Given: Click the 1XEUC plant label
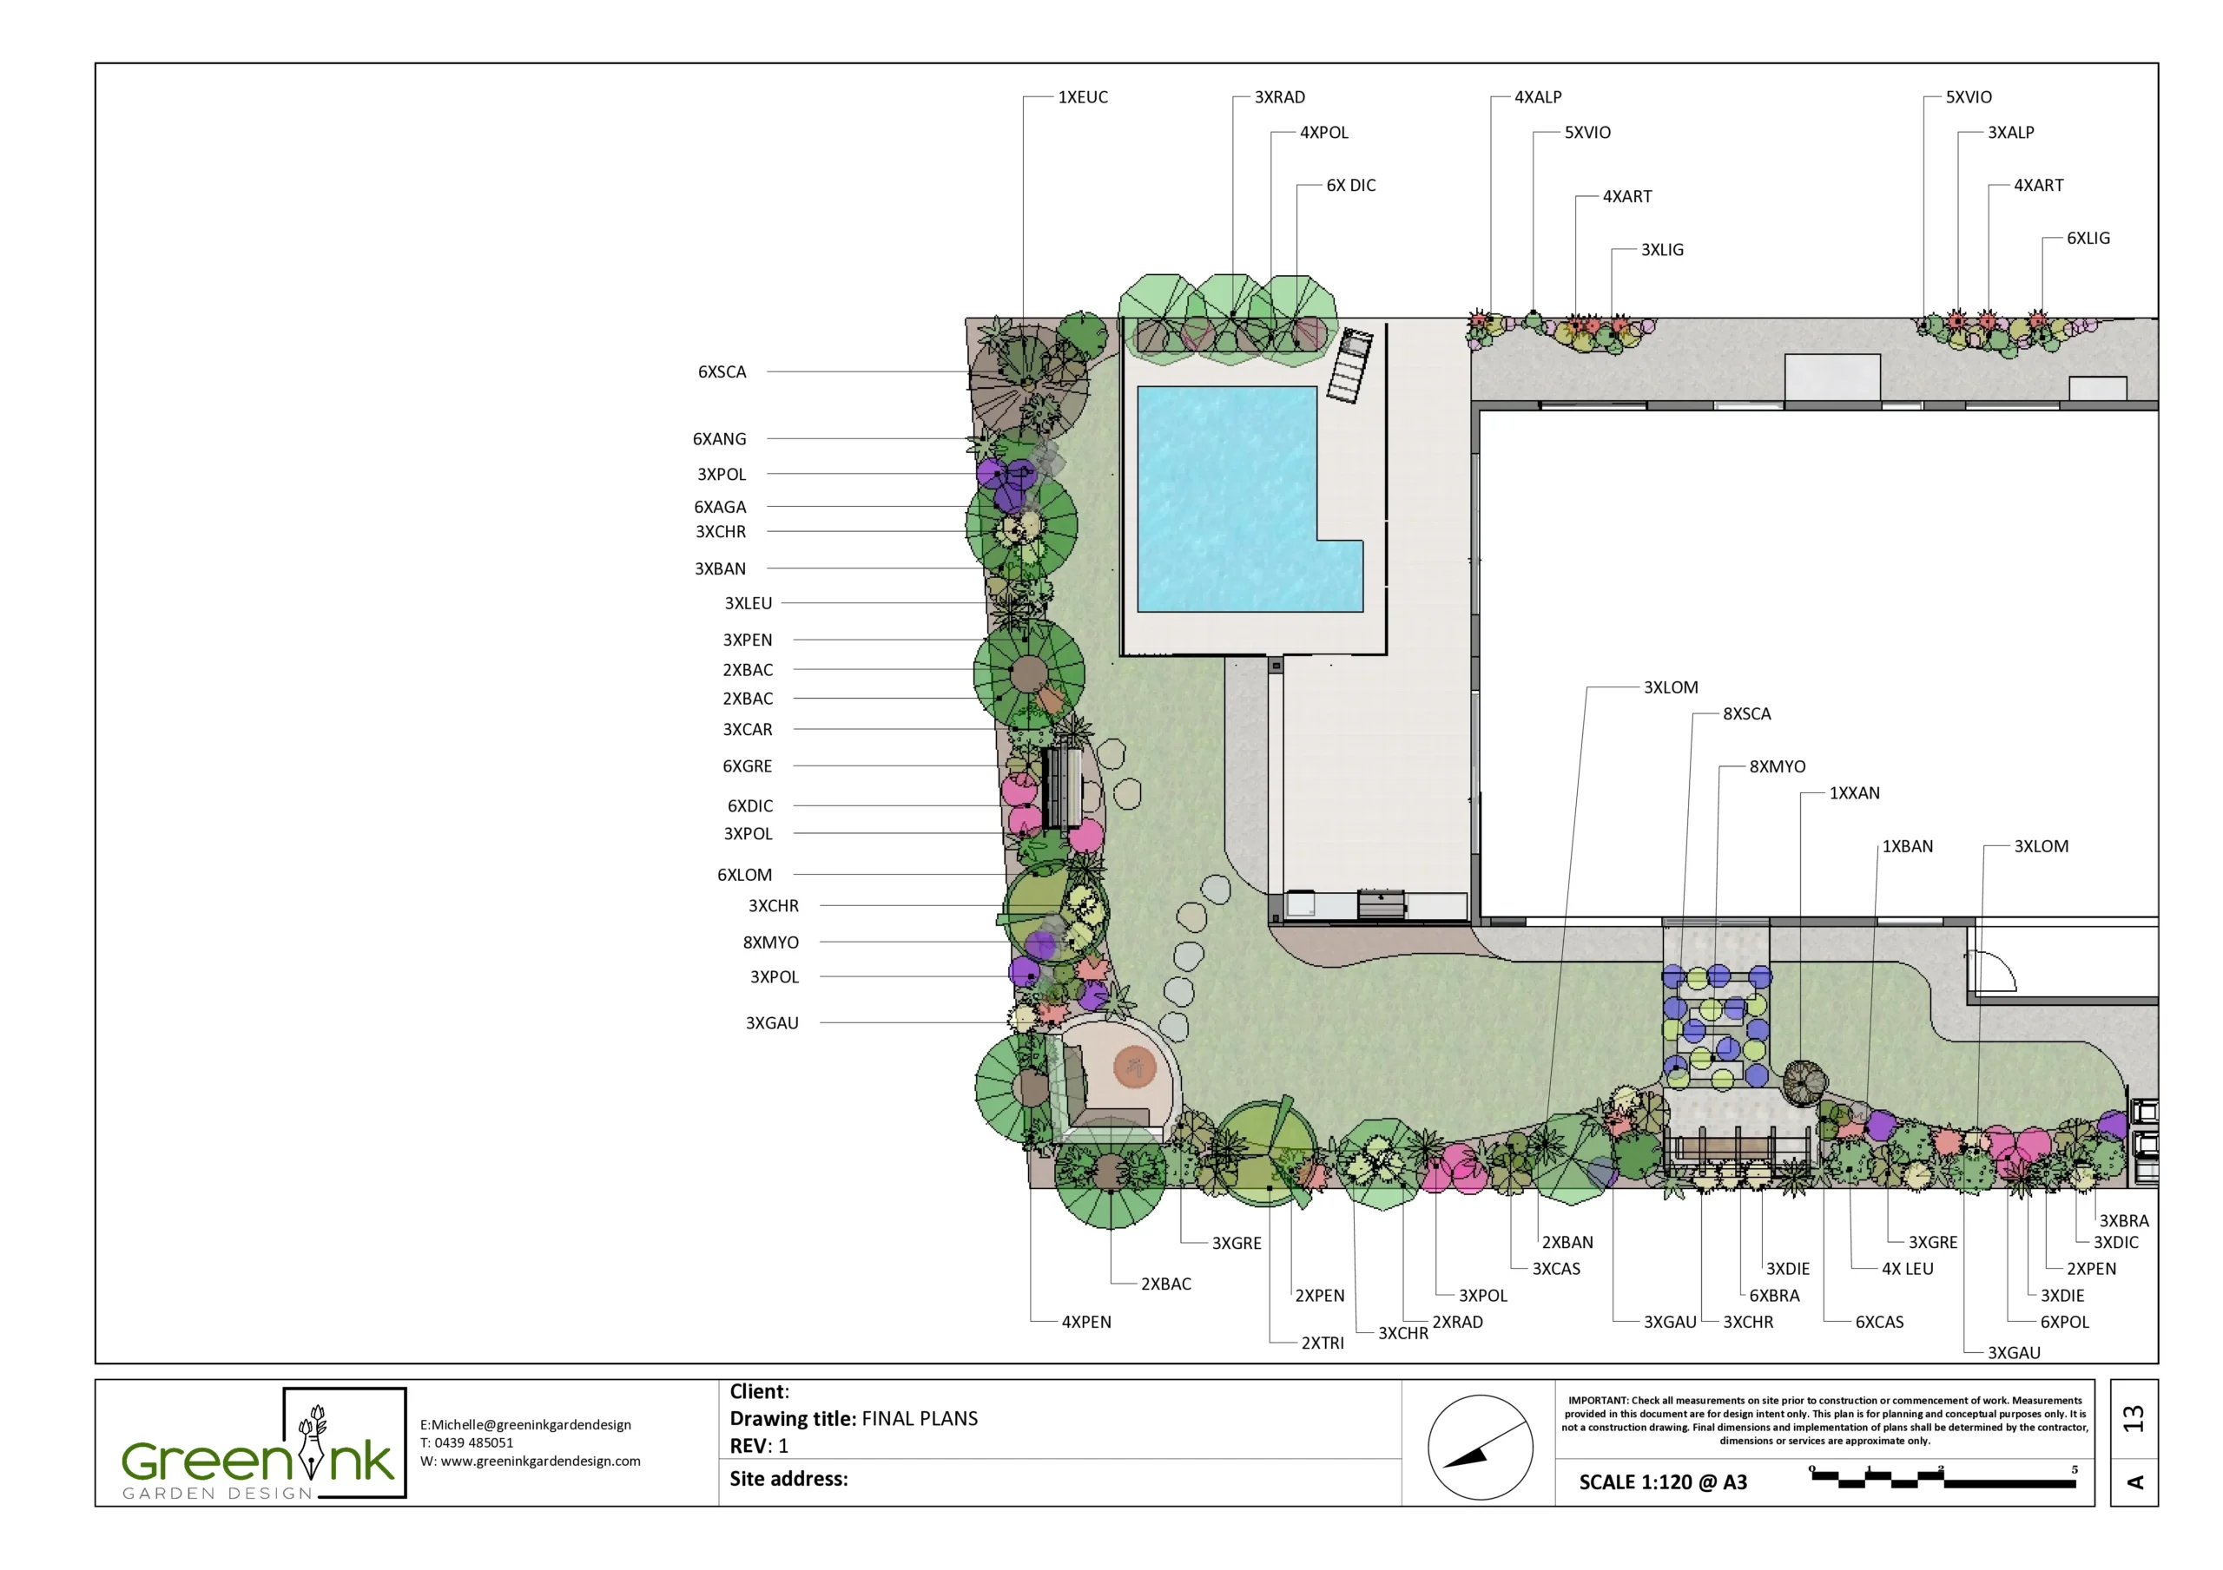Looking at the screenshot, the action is click(1083, 97).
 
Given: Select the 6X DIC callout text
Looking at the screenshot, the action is click(1350, 185).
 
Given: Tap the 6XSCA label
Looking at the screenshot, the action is click(722, 371).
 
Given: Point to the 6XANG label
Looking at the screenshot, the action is click(719, 438).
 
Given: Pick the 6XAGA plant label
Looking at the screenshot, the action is click(721, 506).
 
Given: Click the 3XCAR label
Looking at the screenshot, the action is click(748, 729).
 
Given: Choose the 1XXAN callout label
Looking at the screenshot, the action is click(1854, 792).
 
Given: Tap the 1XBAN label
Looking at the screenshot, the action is click(1908, 846).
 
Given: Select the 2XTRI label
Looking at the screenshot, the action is click(1323, 1343).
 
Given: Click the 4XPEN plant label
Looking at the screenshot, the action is click(1086, 1321).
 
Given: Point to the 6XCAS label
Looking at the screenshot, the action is click(1879, 1321).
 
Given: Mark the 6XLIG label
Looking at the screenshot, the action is click(2088, 238).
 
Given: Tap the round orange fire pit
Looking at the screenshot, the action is click(1135, 1067).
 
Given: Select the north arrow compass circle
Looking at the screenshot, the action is click(1481, 1447).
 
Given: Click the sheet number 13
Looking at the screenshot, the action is click(2134, 1419).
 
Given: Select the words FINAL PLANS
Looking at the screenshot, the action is click(920, 1418).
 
